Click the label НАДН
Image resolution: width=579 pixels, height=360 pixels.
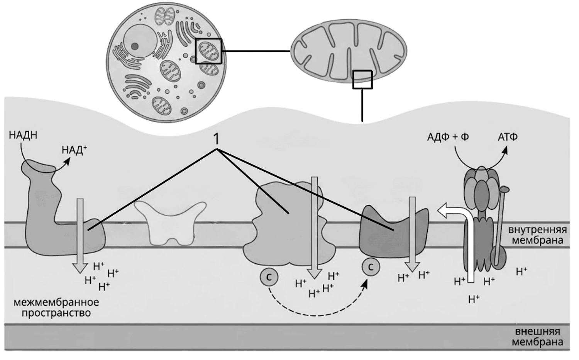click(23, 135)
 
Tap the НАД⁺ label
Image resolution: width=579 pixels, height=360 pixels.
click(74, 150)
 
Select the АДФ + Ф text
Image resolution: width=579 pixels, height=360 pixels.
click(448, 137)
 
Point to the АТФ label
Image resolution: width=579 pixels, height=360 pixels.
click(508, 137)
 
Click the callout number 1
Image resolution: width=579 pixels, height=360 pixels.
click(216, 139)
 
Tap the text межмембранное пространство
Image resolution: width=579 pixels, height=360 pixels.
click(56, 307)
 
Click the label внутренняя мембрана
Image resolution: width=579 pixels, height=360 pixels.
click(537, 235)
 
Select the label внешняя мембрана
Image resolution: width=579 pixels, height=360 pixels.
click(537, 337)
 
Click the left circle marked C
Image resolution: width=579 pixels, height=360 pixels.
click(269, 277)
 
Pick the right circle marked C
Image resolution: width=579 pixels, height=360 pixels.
click(371, 267)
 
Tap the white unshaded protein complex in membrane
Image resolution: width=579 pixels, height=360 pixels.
click(170, 223)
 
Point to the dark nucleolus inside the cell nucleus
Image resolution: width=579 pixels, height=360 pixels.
click(135, 47)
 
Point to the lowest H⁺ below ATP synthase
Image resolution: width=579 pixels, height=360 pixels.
click(474, 299)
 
